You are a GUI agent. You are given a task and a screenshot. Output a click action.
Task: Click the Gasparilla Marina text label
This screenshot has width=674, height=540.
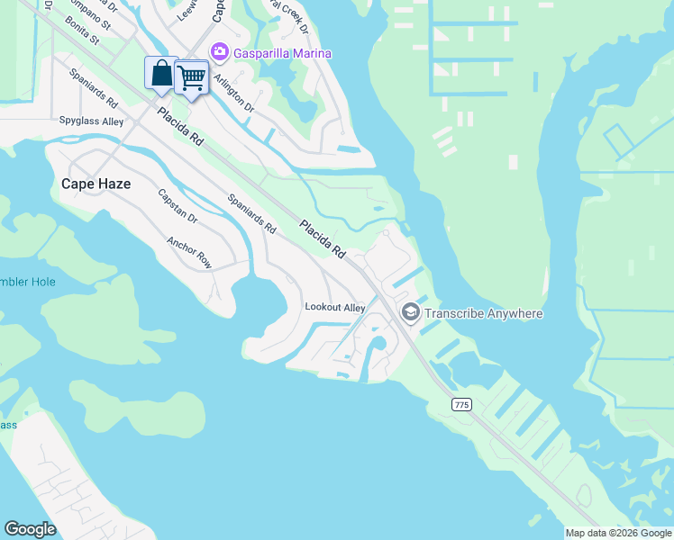coord(282,53)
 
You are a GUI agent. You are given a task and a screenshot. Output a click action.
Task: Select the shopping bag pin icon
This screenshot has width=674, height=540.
coord(161,74)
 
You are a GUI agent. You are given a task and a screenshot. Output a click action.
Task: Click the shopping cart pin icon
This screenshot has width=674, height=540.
coord(191,78)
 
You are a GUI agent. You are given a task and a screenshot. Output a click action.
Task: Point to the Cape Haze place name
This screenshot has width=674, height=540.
coord(96,184)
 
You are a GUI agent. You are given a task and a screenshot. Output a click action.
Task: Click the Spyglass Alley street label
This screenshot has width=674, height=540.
coord(92,121)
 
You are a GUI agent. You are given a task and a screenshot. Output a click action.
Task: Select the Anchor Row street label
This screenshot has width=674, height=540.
coord(189,253)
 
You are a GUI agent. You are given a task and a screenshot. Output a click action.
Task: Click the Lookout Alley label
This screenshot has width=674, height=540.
coord(335,308)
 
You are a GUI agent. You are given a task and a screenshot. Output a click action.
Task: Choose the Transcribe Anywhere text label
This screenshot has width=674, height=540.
coord(484,313)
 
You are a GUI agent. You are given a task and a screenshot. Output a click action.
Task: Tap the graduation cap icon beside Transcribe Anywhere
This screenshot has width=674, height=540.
coord(411,312)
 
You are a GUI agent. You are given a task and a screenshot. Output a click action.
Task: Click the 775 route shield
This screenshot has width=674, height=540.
coord(462,405)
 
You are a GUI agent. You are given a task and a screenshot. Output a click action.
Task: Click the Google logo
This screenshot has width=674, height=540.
coord(31,529)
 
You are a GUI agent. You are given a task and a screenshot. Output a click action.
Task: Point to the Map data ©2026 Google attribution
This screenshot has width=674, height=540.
coord(617,533)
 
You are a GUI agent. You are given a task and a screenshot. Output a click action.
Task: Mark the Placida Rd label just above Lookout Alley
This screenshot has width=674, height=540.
coord(323,239)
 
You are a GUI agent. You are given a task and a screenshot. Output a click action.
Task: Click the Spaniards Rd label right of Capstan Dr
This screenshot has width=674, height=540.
coord(251,215)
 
